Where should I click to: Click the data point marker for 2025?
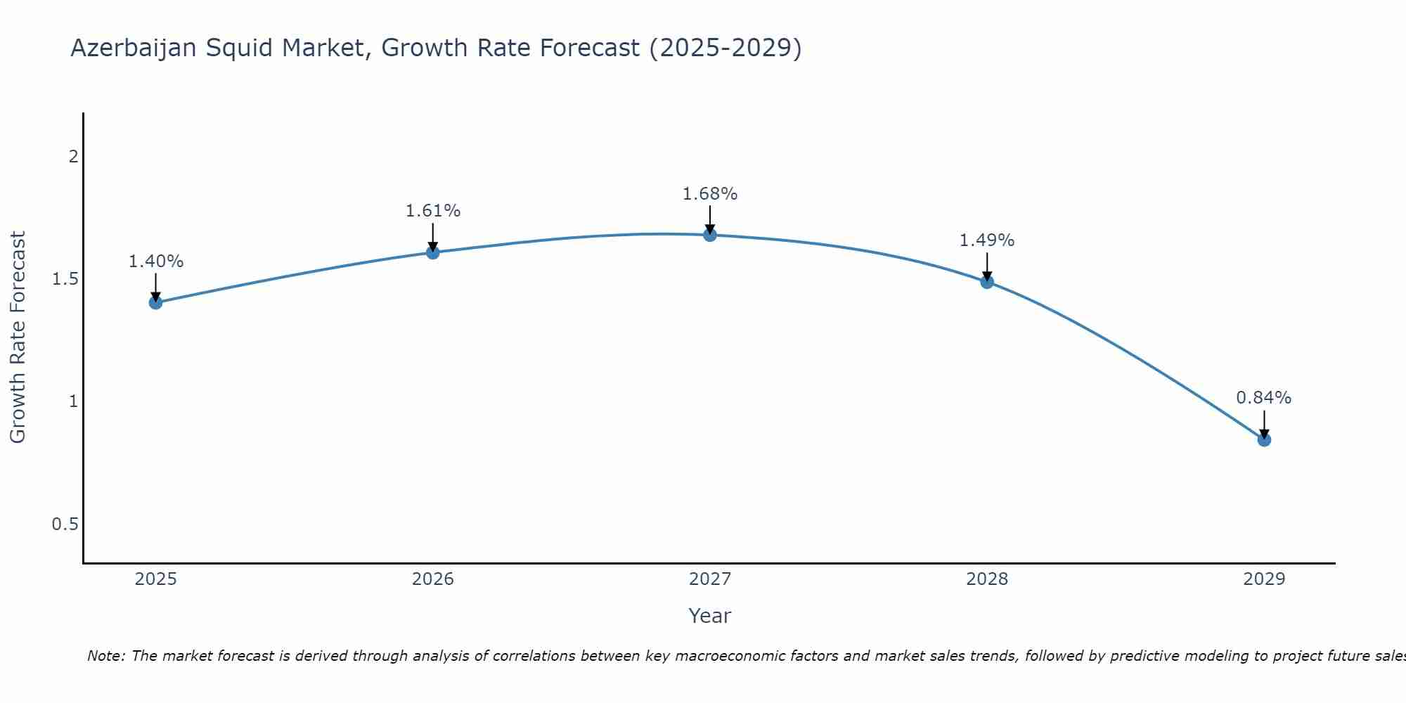[x=155, y=303]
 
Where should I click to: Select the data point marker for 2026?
[x=433, y=252]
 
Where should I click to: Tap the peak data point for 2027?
[x=710, y=235]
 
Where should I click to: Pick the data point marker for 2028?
[x=987, y=282]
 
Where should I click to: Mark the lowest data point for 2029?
[x=1264, y=440]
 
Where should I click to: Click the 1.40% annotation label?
[x=156, y=262]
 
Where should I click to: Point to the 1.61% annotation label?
[x=433, y=211]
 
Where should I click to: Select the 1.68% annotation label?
[x=710, y=194]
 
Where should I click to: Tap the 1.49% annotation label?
[x=987, y=240]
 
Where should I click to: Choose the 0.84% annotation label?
[x=1264, y=398]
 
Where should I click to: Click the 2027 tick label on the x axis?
[x=710, y=579]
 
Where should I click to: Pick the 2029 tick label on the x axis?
[x=1264, y=579]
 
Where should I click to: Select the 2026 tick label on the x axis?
[x=433, y=579]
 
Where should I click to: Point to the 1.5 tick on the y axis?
[x=65, y=279]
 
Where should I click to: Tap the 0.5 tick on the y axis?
[x=65, y=524]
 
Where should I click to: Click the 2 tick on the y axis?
[x=73, y=157]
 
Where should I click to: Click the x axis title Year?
[x=710, y=616]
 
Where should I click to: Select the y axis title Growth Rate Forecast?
[x=18, y=337]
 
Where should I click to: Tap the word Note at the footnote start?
[x=105, y=657]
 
